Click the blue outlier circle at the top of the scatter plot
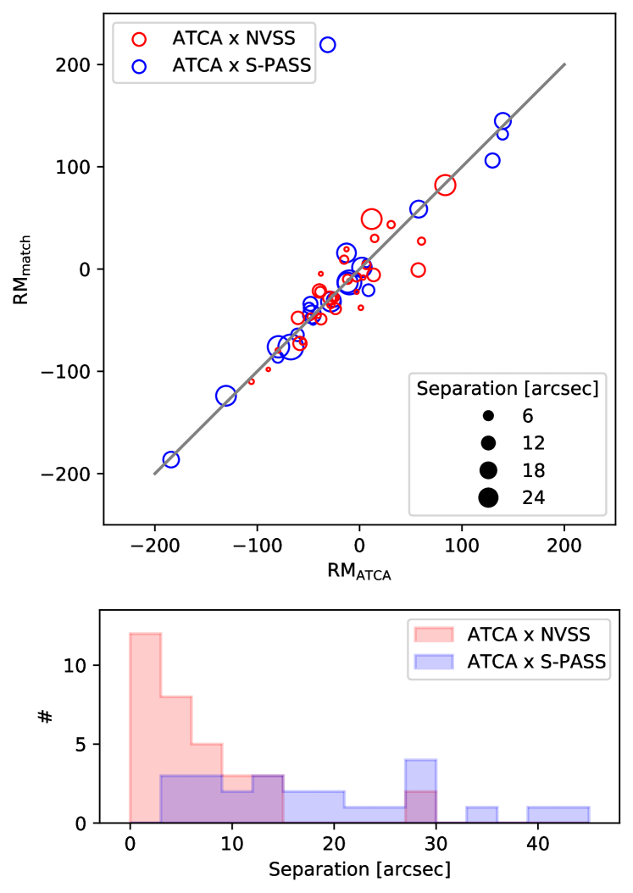(x=327, y=44)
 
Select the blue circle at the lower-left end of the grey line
(x=171, y=459)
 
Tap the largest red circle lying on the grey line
(x=445, y=185)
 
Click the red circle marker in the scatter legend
(x=139, y=38)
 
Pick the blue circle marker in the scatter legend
(x=139, y=65)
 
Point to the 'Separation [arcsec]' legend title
(x=507, y=388)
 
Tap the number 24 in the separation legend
(x=533, y=497)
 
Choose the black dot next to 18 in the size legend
(x=488, y=470)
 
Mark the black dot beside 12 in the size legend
(x=488, y=443)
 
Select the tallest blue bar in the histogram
(x=420, y=790)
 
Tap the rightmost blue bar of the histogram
(x=558, y=813)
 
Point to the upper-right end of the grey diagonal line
(x=564, y=64)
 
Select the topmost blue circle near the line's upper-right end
(x=503, y=121)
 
